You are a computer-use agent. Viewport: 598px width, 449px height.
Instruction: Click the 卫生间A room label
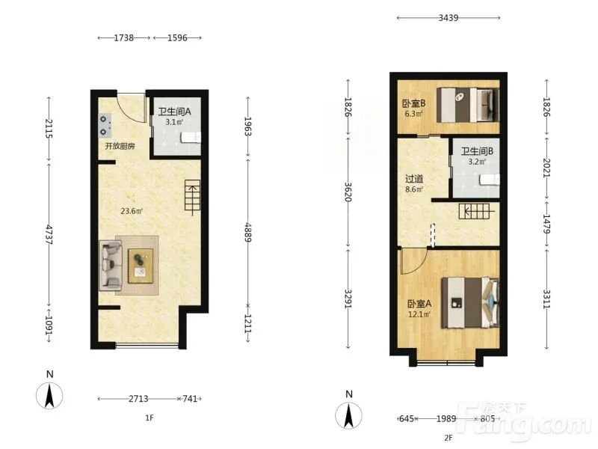pos(174,112)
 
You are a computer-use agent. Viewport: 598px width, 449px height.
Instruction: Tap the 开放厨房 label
pos(120,146)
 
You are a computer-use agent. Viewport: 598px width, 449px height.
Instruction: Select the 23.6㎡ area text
pos(132,211)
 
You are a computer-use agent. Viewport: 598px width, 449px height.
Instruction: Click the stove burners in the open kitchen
pos(104,126)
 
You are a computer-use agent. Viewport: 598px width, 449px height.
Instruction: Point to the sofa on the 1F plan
pos(110,265)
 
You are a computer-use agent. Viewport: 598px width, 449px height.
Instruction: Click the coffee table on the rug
pos(141,266)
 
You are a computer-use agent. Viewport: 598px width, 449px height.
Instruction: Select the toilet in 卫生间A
pos(191,138)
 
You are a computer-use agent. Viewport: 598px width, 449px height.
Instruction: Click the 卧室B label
pos(414,103)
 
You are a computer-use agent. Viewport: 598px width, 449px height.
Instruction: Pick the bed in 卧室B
pos(468,105)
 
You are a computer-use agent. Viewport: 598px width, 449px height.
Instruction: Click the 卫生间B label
pos(477,151)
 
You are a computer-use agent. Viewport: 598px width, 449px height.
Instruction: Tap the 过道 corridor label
pos(414,179)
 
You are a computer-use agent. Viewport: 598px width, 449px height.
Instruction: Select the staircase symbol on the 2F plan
pos(474,211)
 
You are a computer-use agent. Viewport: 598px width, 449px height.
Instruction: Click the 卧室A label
pos(419,304)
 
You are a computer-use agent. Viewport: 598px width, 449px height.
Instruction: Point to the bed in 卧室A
pos(471,303)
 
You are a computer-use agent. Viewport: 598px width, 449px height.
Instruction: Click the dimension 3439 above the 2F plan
pos(448,17)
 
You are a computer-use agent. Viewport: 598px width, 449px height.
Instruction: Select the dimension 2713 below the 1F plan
pos(138,399)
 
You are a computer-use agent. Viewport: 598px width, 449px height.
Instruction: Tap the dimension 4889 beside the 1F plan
pos(248,232)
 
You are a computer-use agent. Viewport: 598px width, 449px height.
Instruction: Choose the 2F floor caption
pos(448,438)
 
